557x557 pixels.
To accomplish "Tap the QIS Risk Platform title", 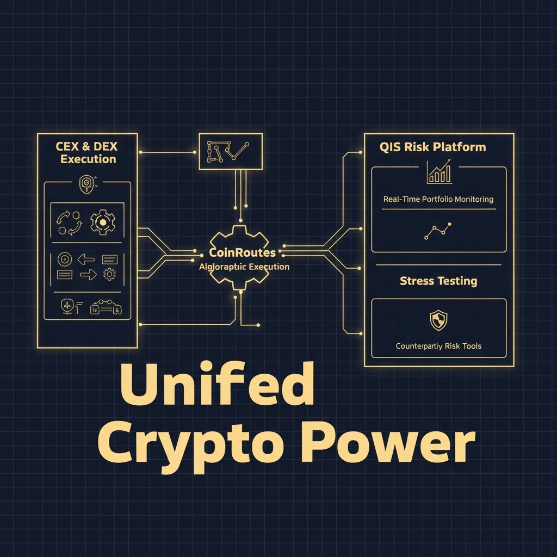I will point(433,147).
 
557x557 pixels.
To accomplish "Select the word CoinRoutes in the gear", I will point(242,253).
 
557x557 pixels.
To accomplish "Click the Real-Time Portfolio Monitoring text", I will point(438,199).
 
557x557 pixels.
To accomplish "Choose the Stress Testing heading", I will point(438,281).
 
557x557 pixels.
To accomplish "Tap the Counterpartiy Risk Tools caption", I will point(438,346).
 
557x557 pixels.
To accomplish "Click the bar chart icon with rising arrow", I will point(440,171).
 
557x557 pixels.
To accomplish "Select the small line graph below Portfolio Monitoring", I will point(438,231).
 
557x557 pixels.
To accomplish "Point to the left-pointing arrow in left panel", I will point(86,259).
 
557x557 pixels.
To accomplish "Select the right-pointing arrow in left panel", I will point(88,275).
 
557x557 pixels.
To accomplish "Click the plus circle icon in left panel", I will point(65,259).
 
